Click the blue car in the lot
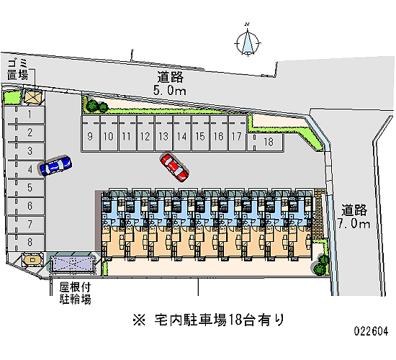55,166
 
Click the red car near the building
174,167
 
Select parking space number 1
24,115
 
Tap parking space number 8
26,242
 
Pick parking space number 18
266,142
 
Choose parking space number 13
163,133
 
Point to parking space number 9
91,133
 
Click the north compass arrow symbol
248,42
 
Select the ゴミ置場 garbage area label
17,69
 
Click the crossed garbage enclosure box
33,96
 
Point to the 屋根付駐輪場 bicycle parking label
76,293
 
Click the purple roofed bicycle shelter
73,264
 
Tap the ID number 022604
371,331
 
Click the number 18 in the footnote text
235,320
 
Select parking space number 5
26,187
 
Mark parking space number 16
219,133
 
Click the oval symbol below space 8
32,260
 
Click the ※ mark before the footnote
139,320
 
